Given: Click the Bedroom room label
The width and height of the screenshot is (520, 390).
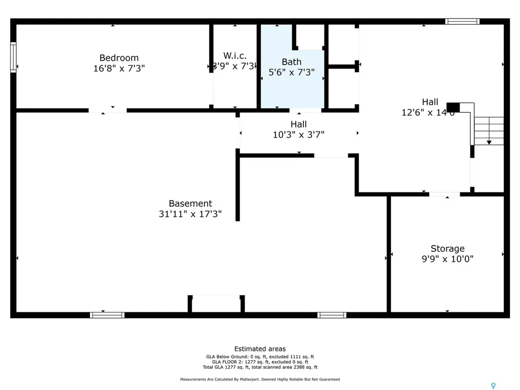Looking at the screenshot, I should (119, 58).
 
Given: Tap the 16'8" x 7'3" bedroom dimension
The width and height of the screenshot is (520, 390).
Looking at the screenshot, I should (119, 68).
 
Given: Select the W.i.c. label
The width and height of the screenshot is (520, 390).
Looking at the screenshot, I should (235, 55).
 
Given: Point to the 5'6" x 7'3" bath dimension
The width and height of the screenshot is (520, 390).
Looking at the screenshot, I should (291, 72).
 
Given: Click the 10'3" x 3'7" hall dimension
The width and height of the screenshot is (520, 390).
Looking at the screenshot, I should (299, 135).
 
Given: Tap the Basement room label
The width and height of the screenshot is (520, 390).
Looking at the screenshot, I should (190, 204).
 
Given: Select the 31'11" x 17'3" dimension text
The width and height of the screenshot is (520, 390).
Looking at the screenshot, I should (190, 214).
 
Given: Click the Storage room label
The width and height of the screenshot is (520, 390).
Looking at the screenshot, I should (447, 248).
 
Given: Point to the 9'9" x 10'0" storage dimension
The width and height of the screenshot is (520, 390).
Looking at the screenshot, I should (447, 259).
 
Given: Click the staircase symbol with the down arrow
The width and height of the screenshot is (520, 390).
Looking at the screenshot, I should (489, 131).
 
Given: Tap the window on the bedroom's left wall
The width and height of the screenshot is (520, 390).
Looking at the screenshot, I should (13, 57).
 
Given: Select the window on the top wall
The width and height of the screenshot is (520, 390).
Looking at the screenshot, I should (462, 21).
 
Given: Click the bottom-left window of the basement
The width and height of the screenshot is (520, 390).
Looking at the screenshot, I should (107, 315).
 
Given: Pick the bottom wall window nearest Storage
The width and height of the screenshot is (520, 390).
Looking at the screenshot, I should (332, 315).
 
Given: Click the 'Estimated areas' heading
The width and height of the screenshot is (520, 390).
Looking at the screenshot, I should (260, 349).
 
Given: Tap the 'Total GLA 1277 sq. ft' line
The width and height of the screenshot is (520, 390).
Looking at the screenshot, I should (260, 367).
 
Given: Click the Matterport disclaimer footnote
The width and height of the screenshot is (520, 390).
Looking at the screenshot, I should (260, 379).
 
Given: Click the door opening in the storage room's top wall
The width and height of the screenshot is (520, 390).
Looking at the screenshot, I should (444, 194).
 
